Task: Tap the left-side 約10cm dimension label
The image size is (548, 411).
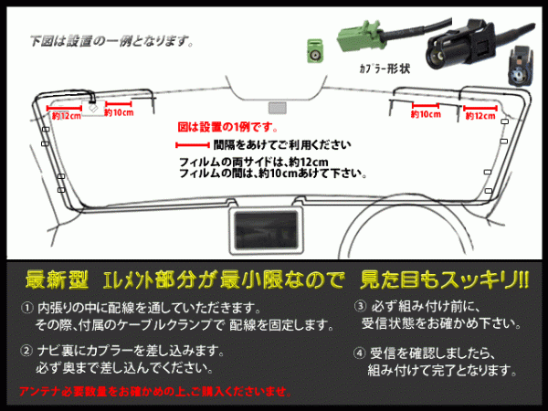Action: pyautogui.click(x=120, y=114)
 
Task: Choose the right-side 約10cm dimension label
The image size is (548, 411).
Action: pyautogui.click(x=424, y=115)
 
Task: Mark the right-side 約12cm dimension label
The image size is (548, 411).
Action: pyautogui.click(x=480, y=116)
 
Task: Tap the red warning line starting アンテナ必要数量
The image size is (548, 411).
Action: pyautogui.click(x=156, y=392)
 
